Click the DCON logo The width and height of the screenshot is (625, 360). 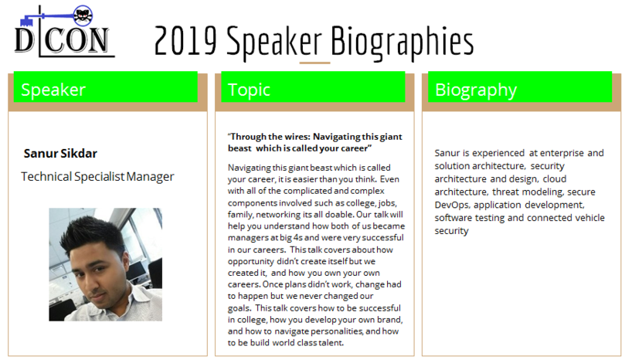tap(65, 31)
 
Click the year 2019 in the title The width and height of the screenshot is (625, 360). tap(185, 41)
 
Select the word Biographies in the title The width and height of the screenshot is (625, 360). tap(403, 42)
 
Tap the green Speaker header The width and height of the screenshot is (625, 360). tap(106, 87)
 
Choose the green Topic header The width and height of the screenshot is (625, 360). tap(313, 87)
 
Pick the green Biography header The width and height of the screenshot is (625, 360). tap(520, 87)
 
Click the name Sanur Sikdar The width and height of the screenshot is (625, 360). tap(60, 154)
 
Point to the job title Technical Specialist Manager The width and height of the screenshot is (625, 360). tap(97, 177)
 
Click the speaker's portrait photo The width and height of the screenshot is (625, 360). tap(106, 264)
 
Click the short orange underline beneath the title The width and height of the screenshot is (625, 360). tap(315, 63)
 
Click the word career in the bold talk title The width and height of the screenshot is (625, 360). tap(357, 148)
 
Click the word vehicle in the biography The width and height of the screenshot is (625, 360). tap(590, 218)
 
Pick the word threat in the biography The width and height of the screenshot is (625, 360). tap(505, 192)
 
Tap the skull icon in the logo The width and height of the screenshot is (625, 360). tap(83, 16)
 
